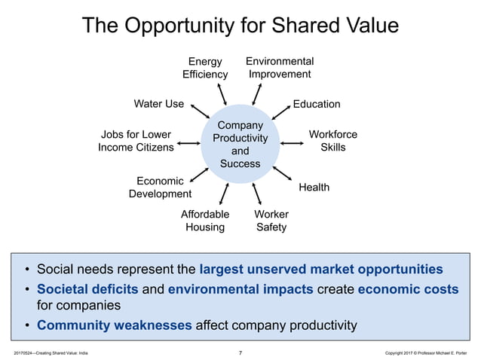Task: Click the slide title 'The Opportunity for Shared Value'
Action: (240, 26)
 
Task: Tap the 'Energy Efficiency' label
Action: (204, 68)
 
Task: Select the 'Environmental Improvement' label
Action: (280, 67)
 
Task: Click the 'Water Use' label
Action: (158, 104)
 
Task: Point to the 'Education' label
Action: (317, 104)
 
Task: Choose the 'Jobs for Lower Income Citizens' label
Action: (136, 141)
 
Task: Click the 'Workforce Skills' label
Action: (333, 141)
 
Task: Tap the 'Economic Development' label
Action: (159, 188)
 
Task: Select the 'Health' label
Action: (314, 187)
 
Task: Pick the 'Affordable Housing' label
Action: (204, 221)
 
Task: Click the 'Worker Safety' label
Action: (271, 221)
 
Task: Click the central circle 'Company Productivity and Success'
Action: (240, 144)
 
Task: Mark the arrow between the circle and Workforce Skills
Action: (290, 142)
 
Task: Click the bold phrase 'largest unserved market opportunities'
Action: (321, 268)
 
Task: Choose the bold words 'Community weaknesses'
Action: (115, 325)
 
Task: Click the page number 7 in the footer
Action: (240, 352)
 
